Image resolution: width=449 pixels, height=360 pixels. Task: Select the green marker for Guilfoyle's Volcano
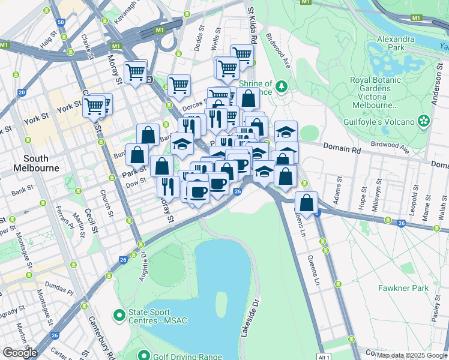424,121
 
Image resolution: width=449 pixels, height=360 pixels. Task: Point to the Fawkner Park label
403,288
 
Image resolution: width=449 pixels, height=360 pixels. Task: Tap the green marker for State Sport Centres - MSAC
119,314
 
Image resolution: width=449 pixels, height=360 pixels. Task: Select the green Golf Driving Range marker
143,356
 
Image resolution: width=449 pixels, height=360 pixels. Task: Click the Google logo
20,353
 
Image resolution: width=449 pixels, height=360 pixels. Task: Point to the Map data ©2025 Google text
412,355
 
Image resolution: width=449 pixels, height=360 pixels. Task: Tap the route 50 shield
61,22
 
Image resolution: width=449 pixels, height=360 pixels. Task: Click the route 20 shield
22,92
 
